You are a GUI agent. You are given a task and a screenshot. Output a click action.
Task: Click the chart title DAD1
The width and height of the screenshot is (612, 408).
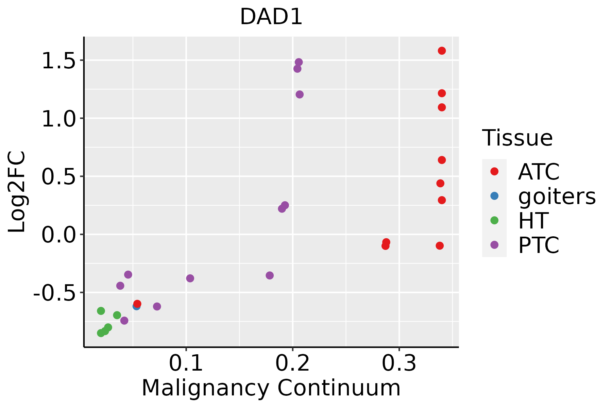pos(271,17)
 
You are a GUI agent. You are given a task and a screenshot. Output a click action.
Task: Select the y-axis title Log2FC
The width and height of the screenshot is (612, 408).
pos(17,192)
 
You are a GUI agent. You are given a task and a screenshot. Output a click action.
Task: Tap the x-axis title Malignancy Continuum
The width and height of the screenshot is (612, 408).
pos(271,388)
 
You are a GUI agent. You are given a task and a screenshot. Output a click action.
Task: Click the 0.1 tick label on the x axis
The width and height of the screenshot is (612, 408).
pos(186,363)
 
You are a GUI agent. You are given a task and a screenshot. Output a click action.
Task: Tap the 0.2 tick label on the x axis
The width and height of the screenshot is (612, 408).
pos(292,363)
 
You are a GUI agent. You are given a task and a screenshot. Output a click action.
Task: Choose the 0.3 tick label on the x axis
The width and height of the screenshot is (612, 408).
pos(399,363)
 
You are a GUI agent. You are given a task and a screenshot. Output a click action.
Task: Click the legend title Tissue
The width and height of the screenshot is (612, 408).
pos(517,138)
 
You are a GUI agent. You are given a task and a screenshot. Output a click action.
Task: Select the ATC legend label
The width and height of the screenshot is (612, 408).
pos(539,172)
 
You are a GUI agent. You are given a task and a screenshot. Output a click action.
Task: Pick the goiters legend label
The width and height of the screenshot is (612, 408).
pos(557,196)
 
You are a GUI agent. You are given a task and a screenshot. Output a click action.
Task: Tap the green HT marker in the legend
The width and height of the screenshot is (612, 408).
pos(494,220)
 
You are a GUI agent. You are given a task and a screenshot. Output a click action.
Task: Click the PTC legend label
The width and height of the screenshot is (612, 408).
pos(539,245)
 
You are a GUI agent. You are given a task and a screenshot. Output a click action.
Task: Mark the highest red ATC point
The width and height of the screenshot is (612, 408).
pos(442,51)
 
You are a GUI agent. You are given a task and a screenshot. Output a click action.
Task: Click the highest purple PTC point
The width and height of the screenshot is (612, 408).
pos(299,62)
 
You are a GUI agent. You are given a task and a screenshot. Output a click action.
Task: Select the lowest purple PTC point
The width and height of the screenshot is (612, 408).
pos(124,321)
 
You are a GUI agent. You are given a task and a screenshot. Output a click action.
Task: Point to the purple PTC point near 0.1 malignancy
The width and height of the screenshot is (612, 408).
pos(190,278)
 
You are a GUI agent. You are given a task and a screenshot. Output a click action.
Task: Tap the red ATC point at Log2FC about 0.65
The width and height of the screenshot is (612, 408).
pos(442,160)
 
